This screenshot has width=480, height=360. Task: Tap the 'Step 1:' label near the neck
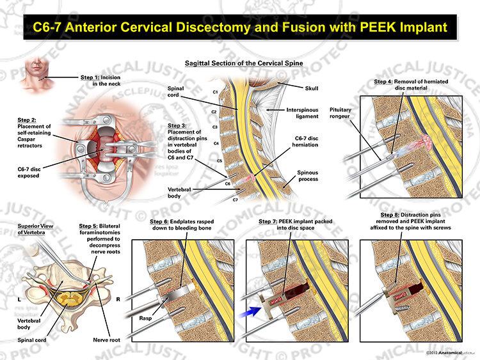[x=90, y=77]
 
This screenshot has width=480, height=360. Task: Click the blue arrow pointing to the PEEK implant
[x=250, y=311]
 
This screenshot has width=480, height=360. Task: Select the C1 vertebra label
[x=215, y=92]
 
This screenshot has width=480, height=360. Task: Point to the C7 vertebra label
[x=235, y=200]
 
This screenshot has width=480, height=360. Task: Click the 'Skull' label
[x=311, y=88]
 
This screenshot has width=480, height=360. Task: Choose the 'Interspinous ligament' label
[x=302, y=113]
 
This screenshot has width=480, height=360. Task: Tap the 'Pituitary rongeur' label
[x=340, y=113]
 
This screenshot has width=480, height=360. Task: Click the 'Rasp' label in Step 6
[x=145, y=318]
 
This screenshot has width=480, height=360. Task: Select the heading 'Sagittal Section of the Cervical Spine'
[x=244, y=63]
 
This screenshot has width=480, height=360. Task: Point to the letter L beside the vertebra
[x=19, y=299]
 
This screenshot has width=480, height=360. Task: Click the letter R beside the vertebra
[x=118, y=299]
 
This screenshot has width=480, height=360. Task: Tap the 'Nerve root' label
[x=106, y=340]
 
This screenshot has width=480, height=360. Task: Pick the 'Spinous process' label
[x=307, y=176]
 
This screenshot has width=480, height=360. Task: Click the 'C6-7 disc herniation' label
[x=305, y=141]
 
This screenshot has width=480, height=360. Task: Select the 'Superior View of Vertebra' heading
[x=35, y=229]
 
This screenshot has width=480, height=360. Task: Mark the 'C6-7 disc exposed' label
[x=29, y=172]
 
